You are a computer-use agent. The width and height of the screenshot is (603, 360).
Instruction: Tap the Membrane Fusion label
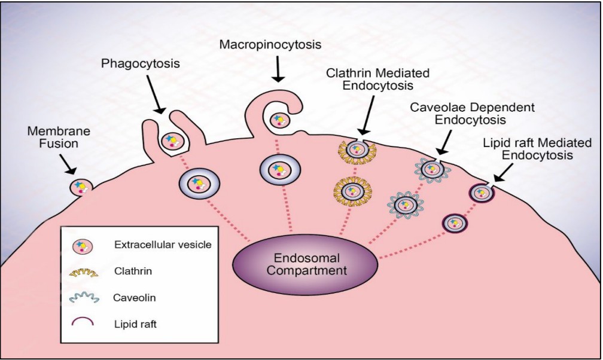tap(54, 136)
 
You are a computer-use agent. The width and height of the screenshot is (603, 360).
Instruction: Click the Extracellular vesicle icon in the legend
tap(82, 246)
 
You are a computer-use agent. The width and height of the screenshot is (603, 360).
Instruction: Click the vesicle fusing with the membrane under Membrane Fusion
tap(80, 188)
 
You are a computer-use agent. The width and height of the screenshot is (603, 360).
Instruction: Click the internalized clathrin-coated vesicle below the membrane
tap(353, 191)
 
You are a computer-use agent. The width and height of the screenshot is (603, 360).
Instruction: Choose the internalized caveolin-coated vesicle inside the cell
tap(406, 205)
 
